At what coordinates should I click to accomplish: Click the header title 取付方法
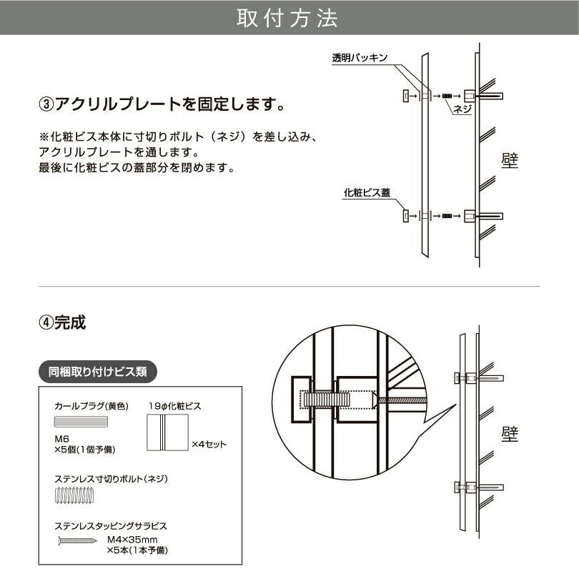(x=289, y=18)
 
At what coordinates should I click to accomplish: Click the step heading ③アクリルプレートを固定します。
(x=162, y=105)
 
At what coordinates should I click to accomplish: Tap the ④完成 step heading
(x=62, y=322)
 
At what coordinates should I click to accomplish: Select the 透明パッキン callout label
(x=360, y=59)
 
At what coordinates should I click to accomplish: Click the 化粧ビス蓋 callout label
(x=367, y=192)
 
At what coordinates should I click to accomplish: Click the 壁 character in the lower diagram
(x=509, y=433)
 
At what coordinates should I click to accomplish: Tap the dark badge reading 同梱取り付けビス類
(x=97, y=372)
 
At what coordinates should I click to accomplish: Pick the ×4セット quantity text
(x=209, y=444)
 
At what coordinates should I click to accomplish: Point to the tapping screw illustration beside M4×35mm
(x=76, y=541)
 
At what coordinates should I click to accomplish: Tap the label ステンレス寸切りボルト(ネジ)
(x=111, y=478)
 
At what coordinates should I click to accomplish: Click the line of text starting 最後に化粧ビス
(x=137, y=168)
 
